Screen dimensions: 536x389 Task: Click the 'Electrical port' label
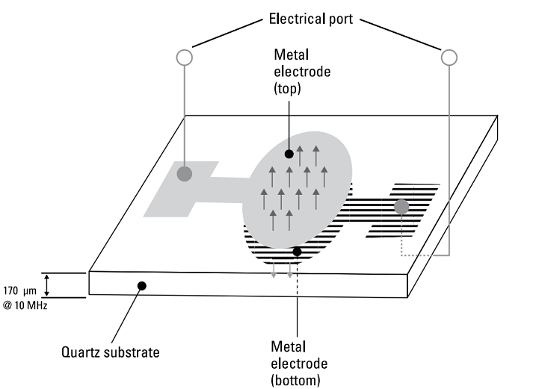[311, 19]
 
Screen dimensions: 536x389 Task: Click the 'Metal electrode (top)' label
[302, 72]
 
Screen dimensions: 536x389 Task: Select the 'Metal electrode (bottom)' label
[299, 364]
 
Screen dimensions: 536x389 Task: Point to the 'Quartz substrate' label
[111, 352]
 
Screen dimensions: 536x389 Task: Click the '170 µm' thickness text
[19, 291]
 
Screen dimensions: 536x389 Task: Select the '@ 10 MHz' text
[25, 305]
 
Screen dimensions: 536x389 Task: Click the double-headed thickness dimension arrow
[47, 285]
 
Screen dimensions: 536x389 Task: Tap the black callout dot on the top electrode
[289, 154]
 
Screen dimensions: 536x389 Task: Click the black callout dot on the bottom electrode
[297, 252]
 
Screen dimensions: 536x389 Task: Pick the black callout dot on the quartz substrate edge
[142, 286]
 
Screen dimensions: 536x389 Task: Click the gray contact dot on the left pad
[184, 174]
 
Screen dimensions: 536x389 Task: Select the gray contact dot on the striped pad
[401, 207]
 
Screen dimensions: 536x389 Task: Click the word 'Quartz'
[80, 352]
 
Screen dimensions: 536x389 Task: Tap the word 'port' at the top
[341, 19]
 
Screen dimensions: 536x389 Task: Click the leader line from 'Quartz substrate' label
[126, 314]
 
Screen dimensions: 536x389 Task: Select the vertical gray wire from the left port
[185, 116]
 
